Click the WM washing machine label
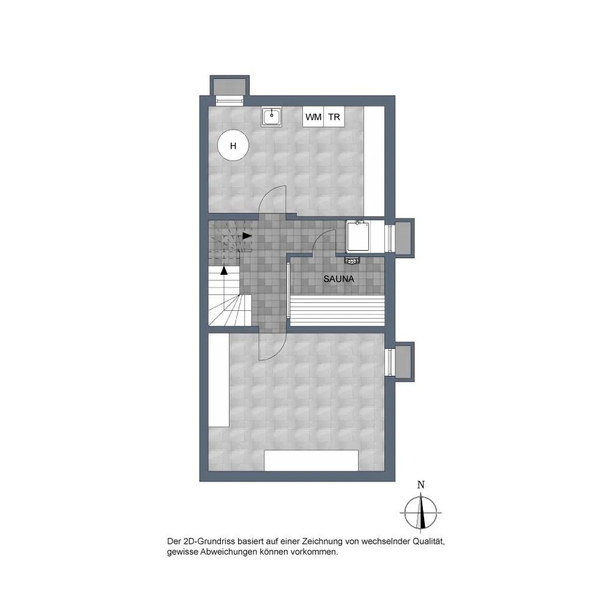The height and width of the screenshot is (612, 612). [313, 117]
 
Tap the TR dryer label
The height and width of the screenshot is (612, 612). [334, 117]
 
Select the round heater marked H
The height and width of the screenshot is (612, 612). [233, 145]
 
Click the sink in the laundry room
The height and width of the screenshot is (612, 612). [271, 116]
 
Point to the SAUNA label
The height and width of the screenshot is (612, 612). [339, 278]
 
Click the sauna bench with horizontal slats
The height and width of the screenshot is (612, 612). [337, 310]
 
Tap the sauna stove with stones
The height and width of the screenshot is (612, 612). [352, 260]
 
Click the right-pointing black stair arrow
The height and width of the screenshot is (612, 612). [247, 236]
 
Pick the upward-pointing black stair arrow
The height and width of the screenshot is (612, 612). [224, 271]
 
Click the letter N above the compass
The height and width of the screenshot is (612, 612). [421, 485]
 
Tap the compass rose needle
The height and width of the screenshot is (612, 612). [421, 512]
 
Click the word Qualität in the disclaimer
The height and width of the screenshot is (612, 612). [429, 542]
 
